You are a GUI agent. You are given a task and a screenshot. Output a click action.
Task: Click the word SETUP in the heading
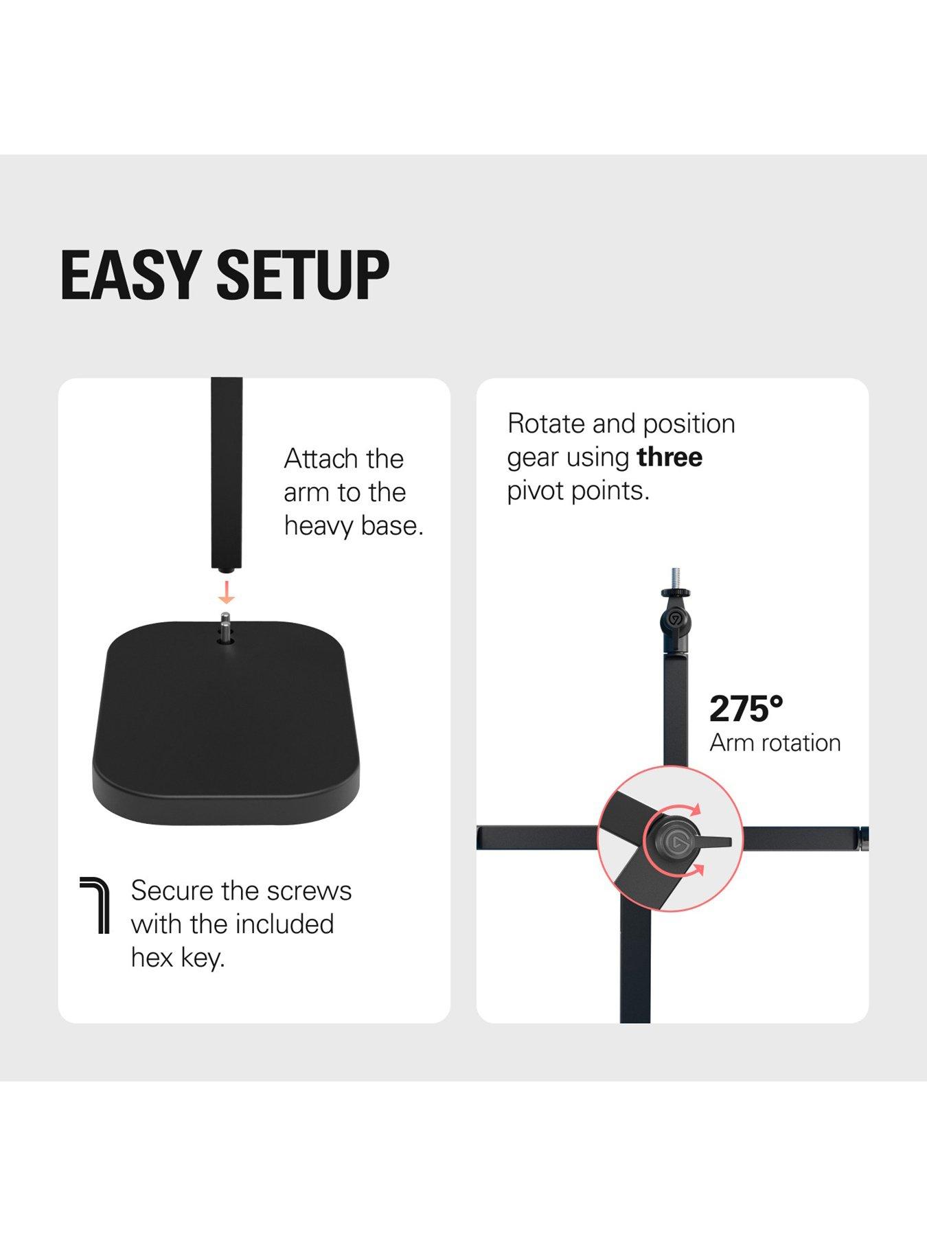(303, 275)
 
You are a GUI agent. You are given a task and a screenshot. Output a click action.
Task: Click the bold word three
(669, 457)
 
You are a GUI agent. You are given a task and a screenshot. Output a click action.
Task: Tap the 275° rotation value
(746, 709)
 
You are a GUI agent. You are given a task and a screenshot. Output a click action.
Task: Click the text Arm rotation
(775, 743)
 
